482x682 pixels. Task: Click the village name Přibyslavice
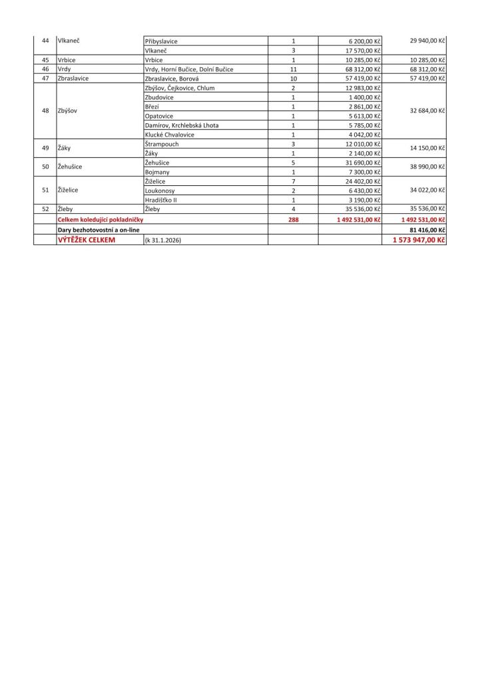[161, 41]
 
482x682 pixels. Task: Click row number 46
[45, 69]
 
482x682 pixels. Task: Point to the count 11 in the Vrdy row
[293, 69]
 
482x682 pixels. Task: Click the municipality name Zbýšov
[68, 111]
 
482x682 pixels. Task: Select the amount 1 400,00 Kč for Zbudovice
[363, 97]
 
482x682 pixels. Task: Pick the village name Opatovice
[159, 116]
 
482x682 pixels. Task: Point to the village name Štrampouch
[162, 144]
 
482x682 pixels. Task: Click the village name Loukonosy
[159, 190]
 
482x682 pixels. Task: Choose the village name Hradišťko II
[161, 200]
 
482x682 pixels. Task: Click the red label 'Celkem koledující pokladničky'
[101, 219]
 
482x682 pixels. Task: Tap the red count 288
[293, 219]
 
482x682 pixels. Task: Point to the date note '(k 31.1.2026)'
[162, 240]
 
